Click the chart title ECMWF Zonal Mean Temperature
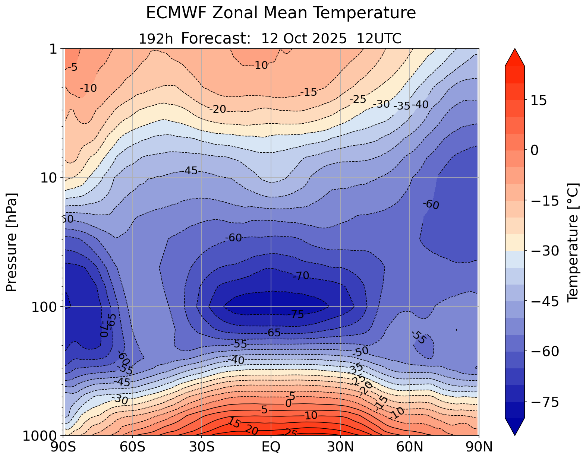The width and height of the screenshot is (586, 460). (281, 13)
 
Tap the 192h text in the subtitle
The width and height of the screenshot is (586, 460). (156, 38)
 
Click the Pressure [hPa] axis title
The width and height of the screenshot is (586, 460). (12, 242)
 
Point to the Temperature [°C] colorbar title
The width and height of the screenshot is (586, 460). (572, 242)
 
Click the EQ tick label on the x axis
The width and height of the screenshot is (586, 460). (271, 447)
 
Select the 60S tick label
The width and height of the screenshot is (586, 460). (132, 447)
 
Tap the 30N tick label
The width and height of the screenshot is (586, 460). (340, 447)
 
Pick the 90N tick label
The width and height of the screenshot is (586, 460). (479, 447)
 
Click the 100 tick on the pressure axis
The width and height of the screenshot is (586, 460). (47, 307)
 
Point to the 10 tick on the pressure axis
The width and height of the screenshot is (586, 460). (51, 178)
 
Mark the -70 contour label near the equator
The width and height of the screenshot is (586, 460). (301, 276)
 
